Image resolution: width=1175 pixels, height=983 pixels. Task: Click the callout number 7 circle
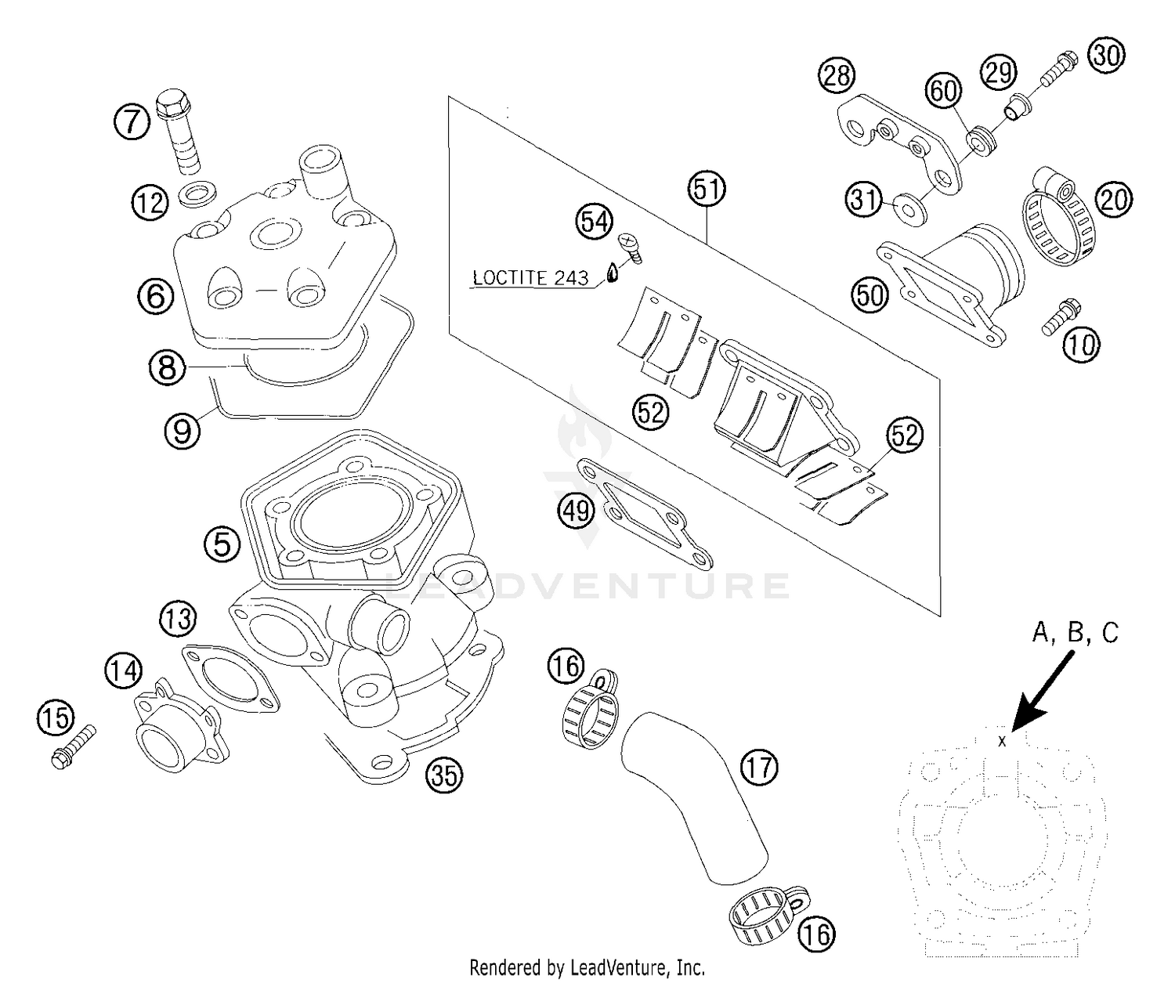coord(130,121)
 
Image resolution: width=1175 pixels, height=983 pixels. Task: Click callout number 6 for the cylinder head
coord(155,296)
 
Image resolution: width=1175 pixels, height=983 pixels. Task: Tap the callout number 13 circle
coord(178,619)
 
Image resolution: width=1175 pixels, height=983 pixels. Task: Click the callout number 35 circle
coord(444,775)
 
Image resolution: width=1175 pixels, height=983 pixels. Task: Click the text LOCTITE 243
coord(530,278)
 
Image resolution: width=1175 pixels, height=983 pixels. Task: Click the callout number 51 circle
coord(707,189)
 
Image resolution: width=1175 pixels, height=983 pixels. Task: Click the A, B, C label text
coord(1075,633)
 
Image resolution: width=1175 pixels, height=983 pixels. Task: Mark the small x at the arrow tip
coord(1002,741)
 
